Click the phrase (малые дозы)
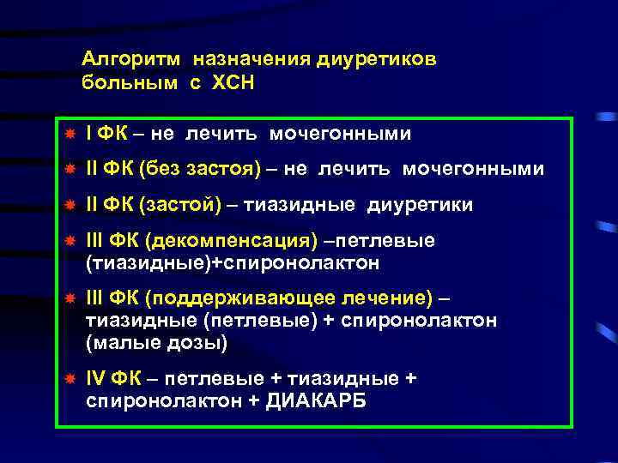[157, 344]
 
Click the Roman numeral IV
[97, 379]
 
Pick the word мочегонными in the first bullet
[341, 134]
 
